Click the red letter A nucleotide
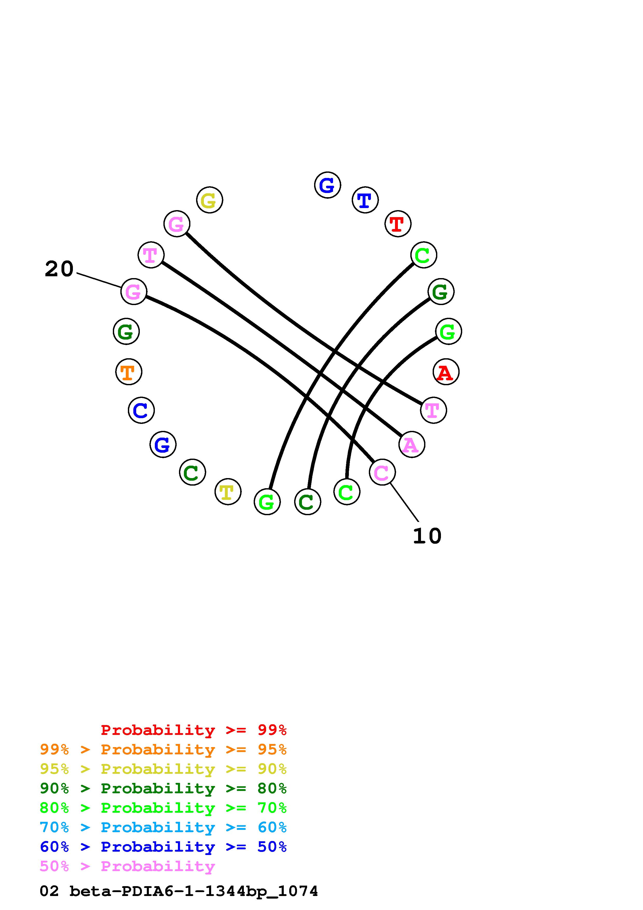click(x=446, y=372)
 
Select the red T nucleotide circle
click(x=398, y=224)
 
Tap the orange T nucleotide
click(x=129, y=372)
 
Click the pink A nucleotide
click(x=412, y=444)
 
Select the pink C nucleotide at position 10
click(x=382, y=472)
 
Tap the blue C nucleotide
click(x=141, y=410)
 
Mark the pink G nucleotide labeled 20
click(x=134, y=292)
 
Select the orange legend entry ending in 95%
click(x=163, y=749)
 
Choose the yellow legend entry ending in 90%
click(x=163, y=769)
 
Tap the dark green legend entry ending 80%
click(x=163, y=788)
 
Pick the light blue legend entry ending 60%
click(x=163, y=827)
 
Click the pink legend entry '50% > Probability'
click(x=127, y=866)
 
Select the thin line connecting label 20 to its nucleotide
click(x=99, y=280)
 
